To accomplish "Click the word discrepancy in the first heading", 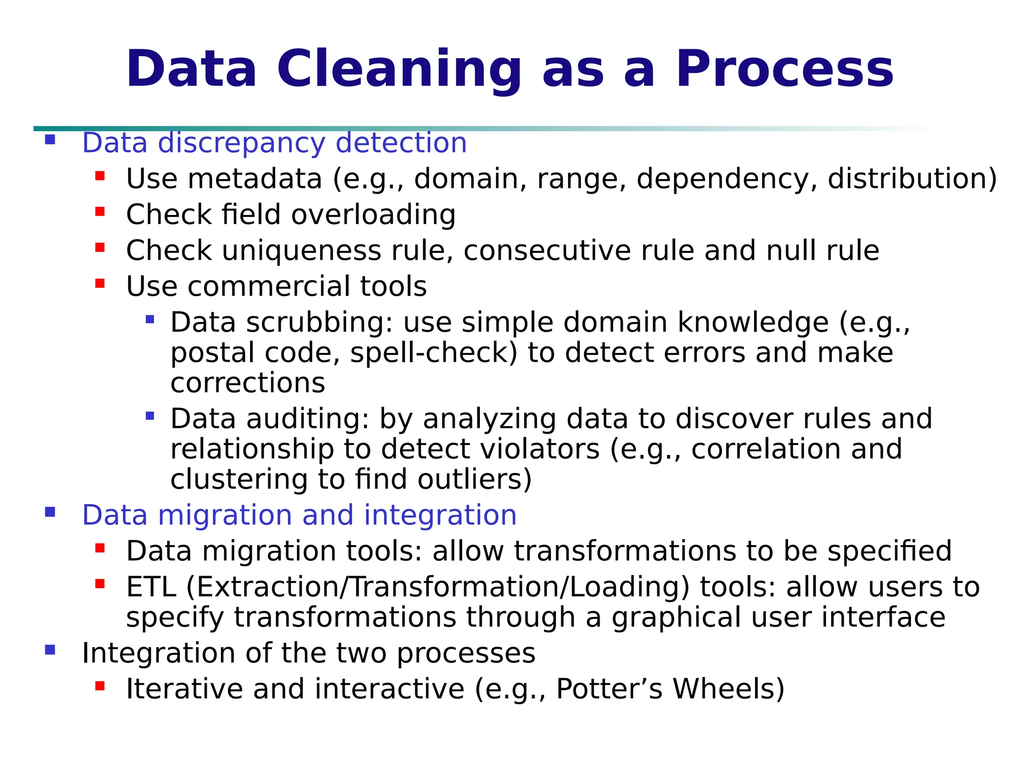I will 242,143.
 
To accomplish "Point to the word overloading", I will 373,215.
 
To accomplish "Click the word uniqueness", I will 301,250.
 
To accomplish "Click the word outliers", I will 474,480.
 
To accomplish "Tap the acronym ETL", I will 151,587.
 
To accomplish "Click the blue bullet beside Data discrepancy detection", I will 50,139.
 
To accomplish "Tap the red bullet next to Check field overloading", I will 100,212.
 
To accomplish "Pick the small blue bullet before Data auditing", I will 150,416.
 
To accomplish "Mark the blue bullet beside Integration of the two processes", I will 50,650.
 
